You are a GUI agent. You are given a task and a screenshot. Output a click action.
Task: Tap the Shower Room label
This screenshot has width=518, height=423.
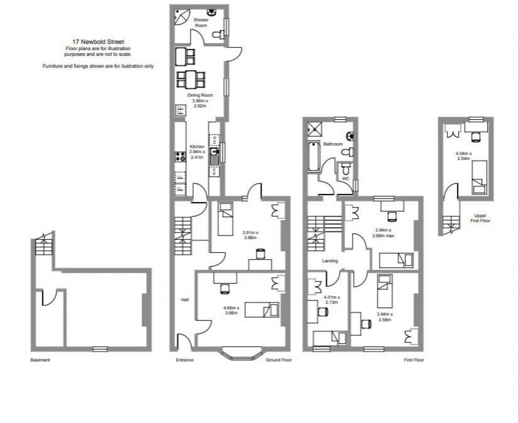200,22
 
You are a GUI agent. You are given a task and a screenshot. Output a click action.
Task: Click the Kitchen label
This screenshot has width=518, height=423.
197,146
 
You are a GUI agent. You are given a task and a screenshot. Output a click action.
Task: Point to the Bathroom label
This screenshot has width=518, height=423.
334,144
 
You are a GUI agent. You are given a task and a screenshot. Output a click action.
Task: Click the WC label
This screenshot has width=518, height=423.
346,178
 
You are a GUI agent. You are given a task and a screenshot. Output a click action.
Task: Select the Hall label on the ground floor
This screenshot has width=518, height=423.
184,299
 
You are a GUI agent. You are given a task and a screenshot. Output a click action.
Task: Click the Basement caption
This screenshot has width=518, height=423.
40,360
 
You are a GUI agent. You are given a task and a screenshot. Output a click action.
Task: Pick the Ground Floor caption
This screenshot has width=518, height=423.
280,360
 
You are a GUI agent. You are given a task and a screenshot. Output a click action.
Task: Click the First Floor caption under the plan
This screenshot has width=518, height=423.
412,360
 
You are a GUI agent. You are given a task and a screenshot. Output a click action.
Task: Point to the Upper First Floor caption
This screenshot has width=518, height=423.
479,218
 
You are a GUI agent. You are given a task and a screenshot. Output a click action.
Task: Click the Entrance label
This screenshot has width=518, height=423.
184,360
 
